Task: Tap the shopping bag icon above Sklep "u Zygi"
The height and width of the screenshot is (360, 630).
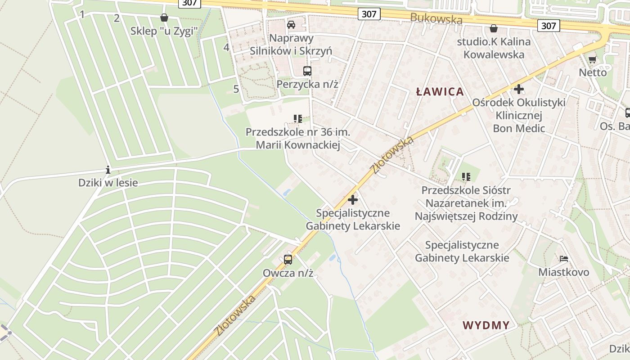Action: click(164, 18)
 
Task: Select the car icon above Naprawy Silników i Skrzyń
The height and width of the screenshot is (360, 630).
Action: click(291, 24)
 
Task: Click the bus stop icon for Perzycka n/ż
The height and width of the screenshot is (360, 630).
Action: click(307, 71)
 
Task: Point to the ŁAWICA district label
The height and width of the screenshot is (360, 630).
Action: click(440, 92)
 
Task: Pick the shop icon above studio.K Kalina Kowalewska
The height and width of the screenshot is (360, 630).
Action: click(494, 28)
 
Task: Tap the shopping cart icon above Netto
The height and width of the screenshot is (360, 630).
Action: click(593, 59)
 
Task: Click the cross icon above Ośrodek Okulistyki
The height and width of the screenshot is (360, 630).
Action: click(519, 89)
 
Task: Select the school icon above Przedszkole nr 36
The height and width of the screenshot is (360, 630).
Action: click(297, 119)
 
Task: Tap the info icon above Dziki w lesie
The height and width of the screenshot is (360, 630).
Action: click(108, 170)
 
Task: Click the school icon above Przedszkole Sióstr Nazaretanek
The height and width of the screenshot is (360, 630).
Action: click(466, 177)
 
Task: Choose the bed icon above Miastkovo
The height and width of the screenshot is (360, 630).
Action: click(564, 259)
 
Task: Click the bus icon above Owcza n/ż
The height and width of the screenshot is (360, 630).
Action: click(288, 260)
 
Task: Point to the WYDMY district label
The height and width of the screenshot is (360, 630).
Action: click(486, 325)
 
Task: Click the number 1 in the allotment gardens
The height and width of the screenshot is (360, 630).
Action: click(82, 15)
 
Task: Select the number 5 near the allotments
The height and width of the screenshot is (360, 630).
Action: click(236, 89)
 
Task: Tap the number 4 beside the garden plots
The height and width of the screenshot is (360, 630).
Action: click(226, 47)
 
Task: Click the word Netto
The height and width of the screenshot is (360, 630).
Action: click(593, 72)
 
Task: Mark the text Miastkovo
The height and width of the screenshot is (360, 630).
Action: click(564, 272)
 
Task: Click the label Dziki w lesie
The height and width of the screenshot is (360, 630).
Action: click(108, 183)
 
